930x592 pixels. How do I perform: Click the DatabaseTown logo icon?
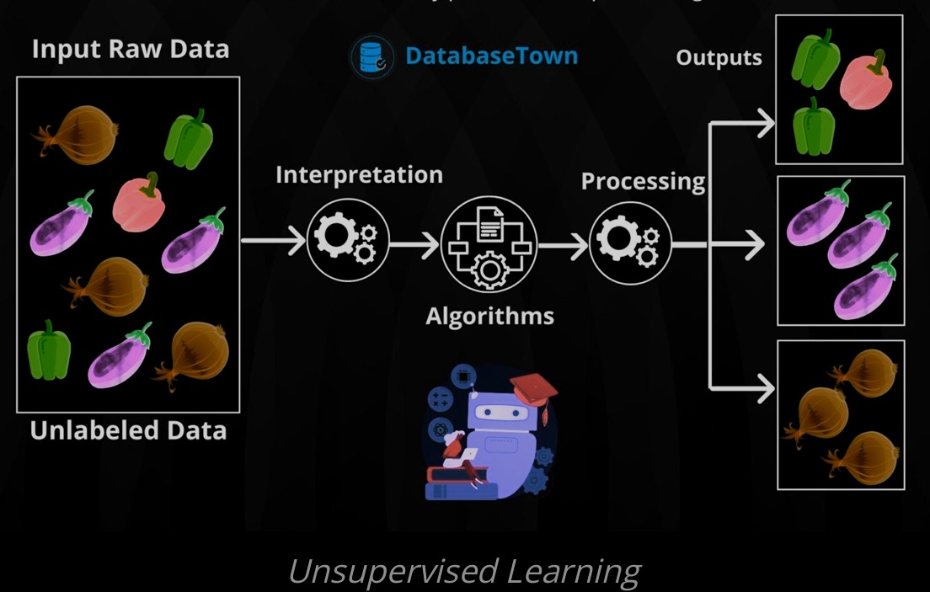click(x=372, y=56)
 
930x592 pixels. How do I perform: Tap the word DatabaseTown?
click(x=491, y=56)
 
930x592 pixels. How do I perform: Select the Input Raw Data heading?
click(x=131, y=49)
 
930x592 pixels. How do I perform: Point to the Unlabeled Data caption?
click(x=128, y=430)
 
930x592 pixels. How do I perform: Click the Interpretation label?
click(x=359, y=174)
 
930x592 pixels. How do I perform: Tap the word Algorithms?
click(x=489, y=317)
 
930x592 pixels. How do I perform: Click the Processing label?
click(x=643, y=181)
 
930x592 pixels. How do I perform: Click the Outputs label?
click(x=719, y=58)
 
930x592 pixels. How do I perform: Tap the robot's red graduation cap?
click(x=532, y=388)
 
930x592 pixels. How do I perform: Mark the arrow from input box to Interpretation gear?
click(x=273, y=241)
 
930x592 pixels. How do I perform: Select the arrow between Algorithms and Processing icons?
click(x=563, y=245)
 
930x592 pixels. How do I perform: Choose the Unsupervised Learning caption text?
click(x=464, y=572)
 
